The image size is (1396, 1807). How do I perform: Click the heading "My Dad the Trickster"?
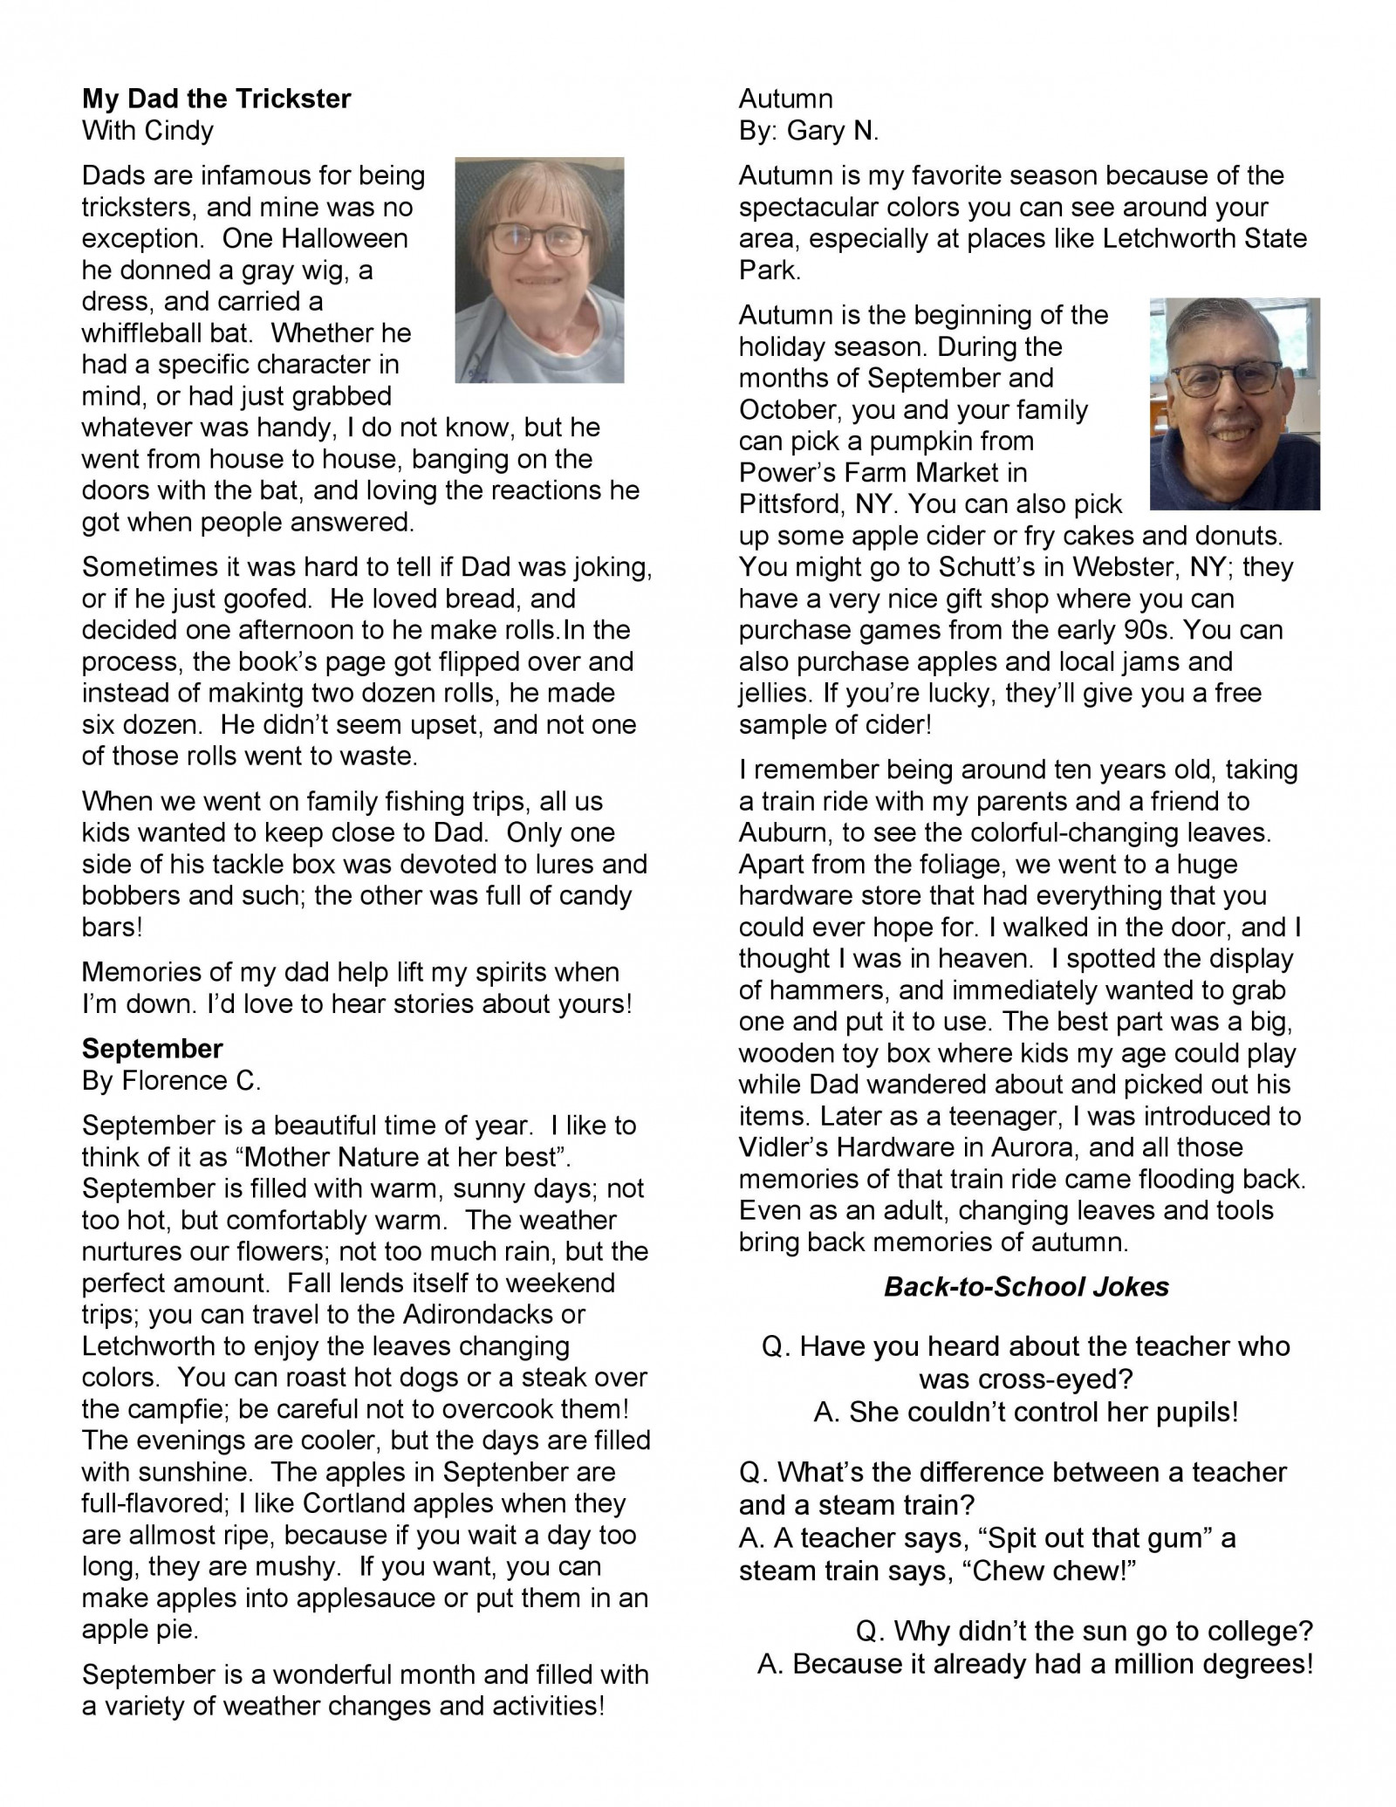tap(216, 99)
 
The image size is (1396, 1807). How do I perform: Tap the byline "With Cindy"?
tap(147, 131)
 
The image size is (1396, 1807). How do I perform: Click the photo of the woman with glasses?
tap(539, 270)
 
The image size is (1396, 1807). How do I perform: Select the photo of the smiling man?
tap(1235, 404)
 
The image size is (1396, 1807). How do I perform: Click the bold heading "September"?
tap(152, 1048)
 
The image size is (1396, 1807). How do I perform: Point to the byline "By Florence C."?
tap(171, 1080)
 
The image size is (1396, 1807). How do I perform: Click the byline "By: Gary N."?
tap(808, 131)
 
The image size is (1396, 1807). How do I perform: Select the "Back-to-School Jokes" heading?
tap(1026, 1287)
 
